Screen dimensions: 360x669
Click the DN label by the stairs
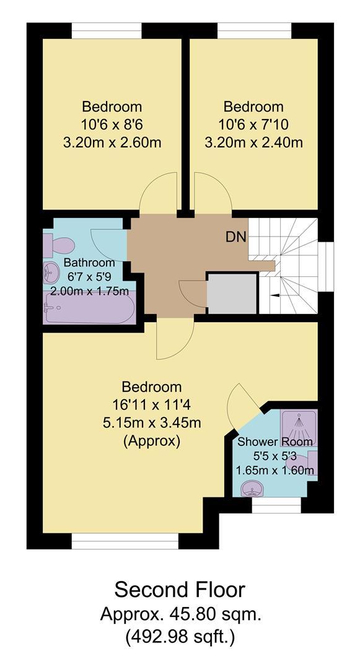click(x=236, y=237)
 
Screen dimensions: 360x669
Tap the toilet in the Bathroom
click(x=59, y=245)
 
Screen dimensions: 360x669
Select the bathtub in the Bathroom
click(x=89, y=307)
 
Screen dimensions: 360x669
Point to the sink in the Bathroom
click(x=51, y=273)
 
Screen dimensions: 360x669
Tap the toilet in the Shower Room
click(x=302, y=461)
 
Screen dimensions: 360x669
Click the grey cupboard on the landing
click(x=232, y=294)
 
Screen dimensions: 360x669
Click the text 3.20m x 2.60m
click(x=112, y=142)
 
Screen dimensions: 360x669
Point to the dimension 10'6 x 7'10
click(x=253, y=124)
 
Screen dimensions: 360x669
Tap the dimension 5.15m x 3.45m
click(x=152, y=423)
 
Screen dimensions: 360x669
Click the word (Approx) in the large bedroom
click(x=152, y=441)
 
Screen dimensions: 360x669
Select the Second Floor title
click(x=180, y=590)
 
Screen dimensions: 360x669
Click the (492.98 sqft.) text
click(x=180, y=637)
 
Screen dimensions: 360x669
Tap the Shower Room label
click(x=274, y=442)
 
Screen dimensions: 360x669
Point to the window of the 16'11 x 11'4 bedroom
click(x=125, y=541)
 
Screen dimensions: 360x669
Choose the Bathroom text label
click(x=89, y=263)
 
